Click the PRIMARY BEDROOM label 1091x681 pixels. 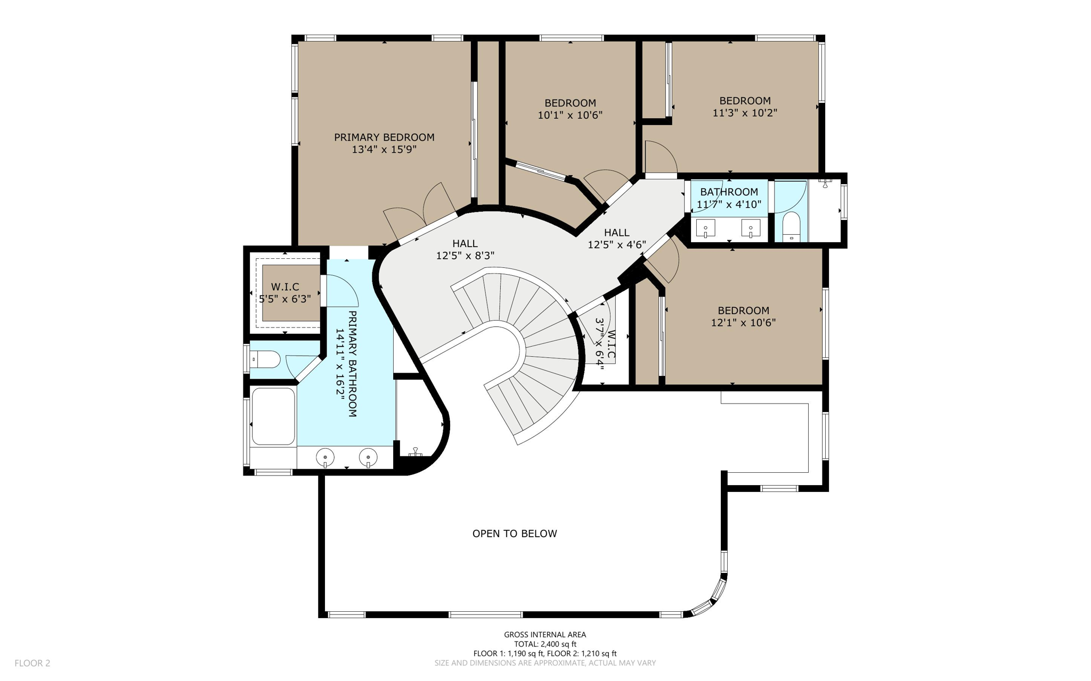tap(384, 137)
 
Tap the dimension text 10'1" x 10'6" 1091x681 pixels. tap(569, 115)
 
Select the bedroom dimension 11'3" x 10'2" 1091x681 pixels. tap(744, 113)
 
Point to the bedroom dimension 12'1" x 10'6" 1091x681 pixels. tap(743, 323)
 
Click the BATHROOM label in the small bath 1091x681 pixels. tap(728, 192)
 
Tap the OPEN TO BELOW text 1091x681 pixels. tap(514, 534)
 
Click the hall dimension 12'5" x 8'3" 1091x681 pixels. tap(465, 256)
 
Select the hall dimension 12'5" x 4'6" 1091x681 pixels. tap(616, 244)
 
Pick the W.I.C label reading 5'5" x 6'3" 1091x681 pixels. tap(285, 293)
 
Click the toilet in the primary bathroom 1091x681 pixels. tap(266, 359)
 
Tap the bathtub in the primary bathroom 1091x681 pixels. tap(273, 416)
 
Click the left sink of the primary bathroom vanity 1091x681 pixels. tap(325, 457)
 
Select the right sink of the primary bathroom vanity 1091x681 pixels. tap(368, 457)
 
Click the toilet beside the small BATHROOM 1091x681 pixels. tap(792, 226)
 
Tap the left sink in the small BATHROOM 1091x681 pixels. tap(705, 229)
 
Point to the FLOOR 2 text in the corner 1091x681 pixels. tap(32, 663)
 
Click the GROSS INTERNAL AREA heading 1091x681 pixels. tap(544, 634)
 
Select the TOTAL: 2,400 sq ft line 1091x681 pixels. tap(544, 644)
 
